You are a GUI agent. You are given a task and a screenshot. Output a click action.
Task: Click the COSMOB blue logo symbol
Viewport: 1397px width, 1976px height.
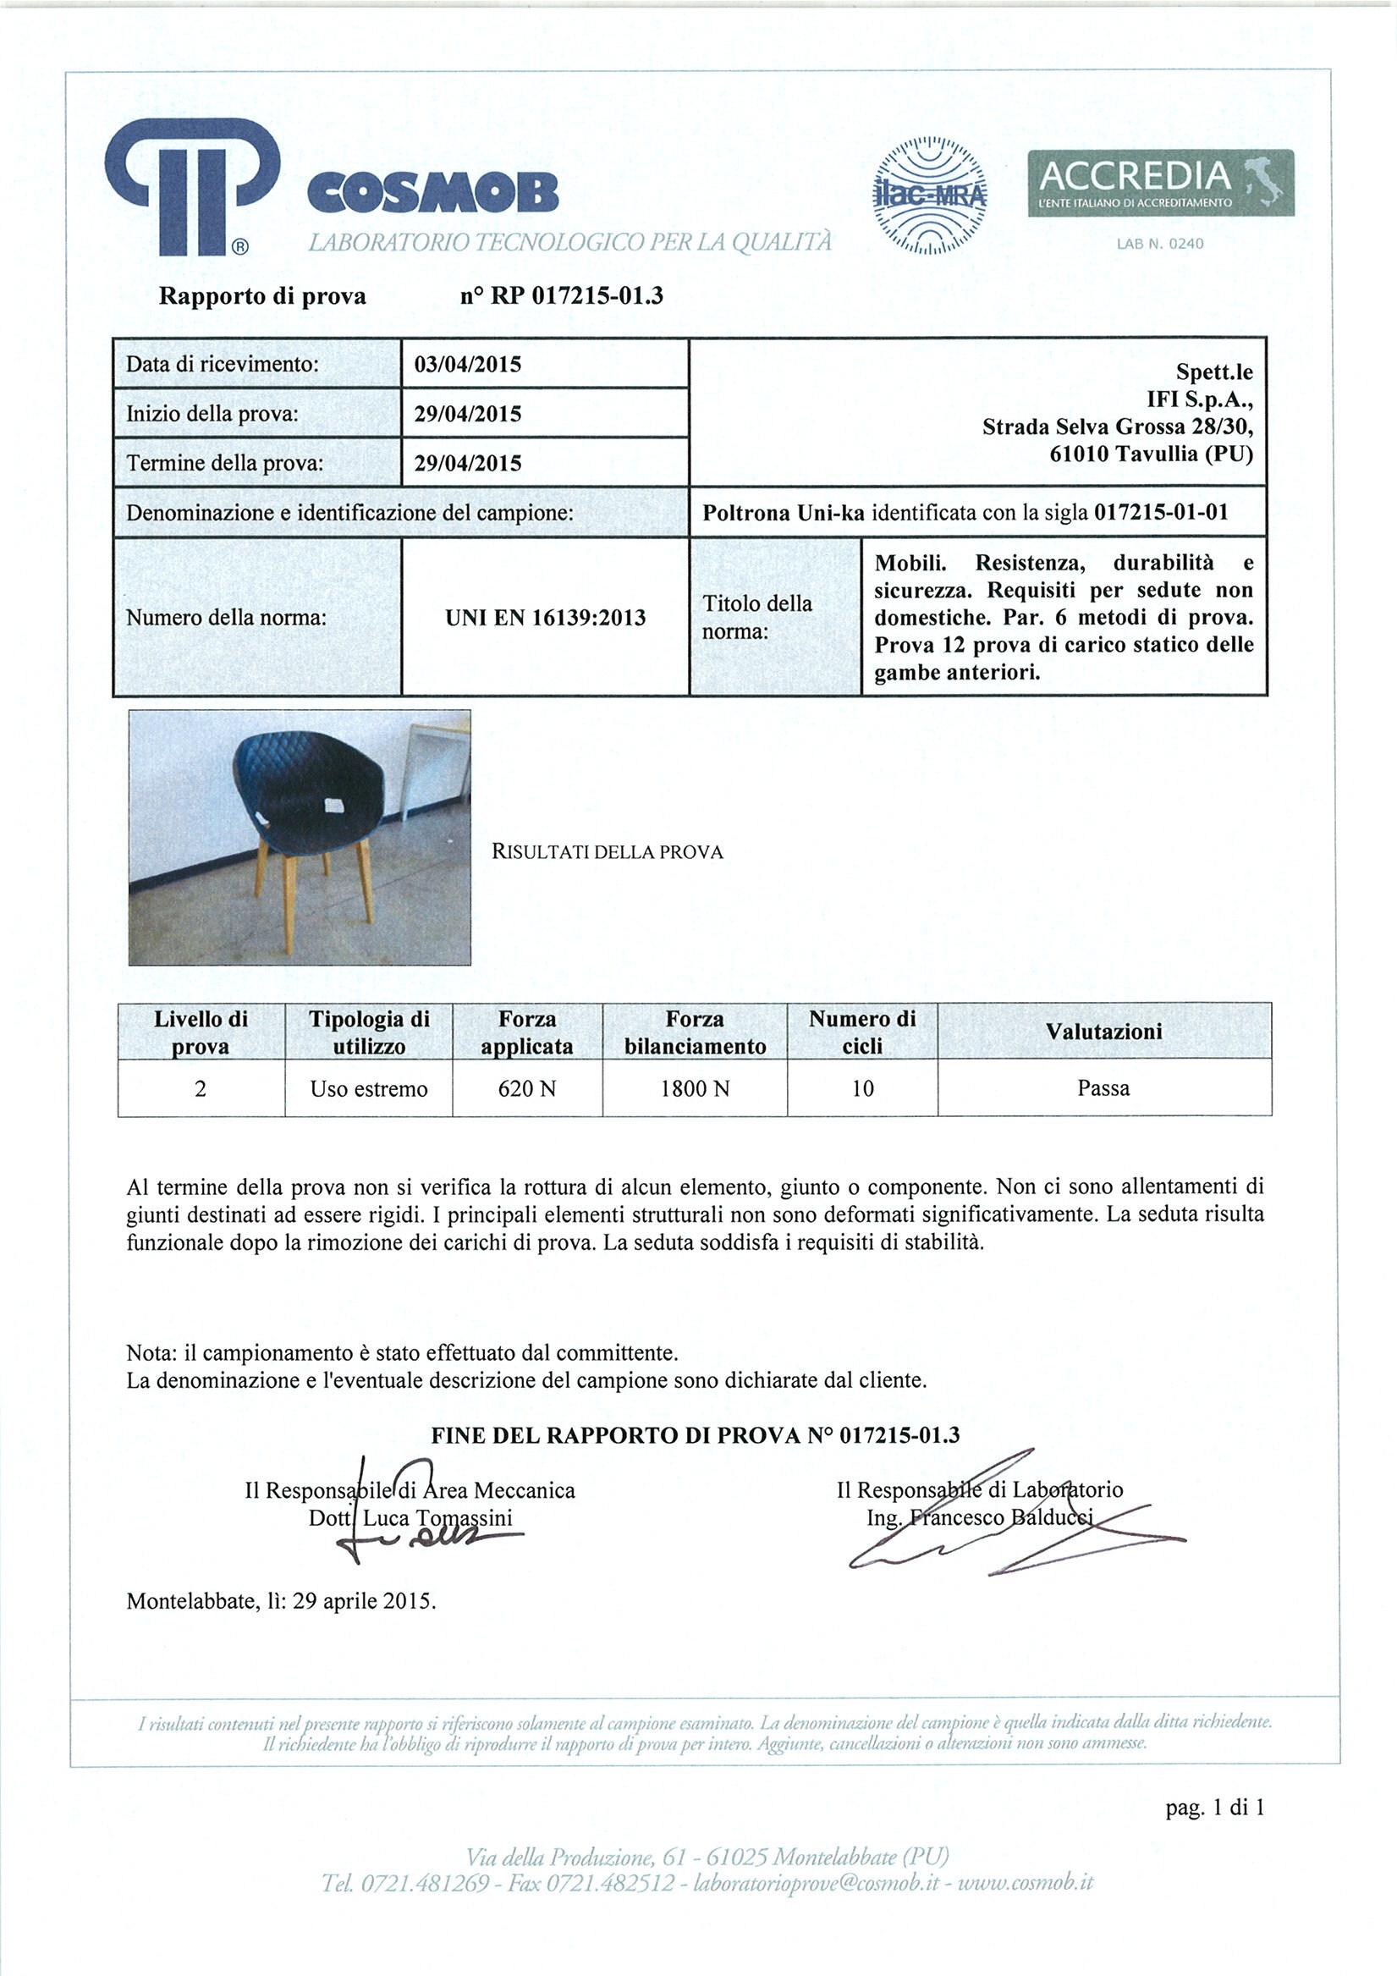(191, 187)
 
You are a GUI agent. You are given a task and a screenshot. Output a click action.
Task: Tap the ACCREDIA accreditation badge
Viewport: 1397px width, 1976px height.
(1160, 184)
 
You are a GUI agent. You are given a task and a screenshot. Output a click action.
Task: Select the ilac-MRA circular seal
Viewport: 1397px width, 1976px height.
(930, 195)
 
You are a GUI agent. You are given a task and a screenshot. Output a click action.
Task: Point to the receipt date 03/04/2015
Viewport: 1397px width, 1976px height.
(467, 364)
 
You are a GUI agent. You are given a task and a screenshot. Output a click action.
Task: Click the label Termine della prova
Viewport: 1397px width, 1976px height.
(225, 463)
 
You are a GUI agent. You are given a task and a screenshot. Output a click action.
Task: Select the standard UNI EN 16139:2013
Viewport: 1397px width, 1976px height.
(545, 618)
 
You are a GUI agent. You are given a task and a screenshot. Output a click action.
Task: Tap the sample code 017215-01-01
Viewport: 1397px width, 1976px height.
(1160, 513)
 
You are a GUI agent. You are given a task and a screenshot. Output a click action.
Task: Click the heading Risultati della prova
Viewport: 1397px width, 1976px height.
(607, 852)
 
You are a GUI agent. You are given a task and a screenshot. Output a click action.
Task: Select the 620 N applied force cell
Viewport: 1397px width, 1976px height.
(527, 1088)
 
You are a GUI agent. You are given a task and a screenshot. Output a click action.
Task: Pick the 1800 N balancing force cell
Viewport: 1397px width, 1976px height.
(695, 1088)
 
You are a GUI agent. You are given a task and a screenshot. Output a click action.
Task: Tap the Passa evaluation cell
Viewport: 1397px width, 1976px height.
(1103, 1087)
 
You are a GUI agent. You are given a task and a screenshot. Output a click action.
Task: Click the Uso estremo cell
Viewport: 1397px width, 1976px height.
(368, 1088)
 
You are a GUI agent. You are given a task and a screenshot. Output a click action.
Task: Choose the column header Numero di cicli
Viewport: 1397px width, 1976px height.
(861, 1032)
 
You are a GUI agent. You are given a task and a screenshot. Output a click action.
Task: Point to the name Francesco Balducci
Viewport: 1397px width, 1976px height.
(1000, 1517)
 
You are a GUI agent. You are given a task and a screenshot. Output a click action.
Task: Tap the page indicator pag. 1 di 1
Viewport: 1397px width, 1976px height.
(1214, 1808)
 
